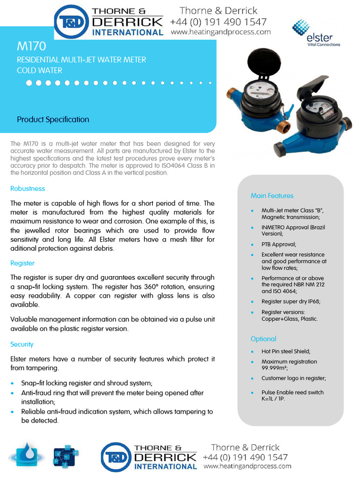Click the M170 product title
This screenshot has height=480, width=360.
31,46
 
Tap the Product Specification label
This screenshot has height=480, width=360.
53,120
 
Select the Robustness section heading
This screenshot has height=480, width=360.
28,188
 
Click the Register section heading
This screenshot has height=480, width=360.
22,263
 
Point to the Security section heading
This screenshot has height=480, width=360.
22,344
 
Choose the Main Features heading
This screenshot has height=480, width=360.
272,195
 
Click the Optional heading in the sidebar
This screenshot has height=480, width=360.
263,339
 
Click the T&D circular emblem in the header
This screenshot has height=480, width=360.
72,22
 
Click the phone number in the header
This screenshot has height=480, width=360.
218,22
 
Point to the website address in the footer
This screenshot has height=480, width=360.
247,466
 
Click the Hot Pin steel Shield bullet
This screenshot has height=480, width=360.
286,351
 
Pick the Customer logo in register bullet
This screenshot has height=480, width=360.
293,378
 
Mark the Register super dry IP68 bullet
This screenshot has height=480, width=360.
291,301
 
